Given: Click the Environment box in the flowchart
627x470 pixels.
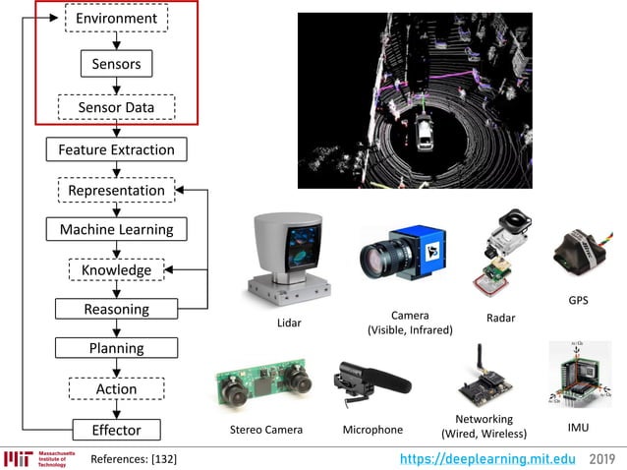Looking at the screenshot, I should click(116, 18).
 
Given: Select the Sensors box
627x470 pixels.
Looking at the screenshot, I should click(116, 64).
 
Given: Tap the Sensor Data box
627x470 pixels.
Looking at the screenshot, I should click(116, 107).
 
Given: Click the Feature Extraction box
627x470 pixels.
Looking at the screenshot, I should click(116, 149).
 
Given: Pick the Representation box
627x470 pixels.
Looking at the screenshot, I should click(116, 190).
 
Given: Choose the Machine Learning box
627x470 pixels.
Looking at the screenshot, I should click(116, 229).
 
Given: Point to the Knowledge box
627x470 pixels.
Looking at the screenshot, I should click(116, 269).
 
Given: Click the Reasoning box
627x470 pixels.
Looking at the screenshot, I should click(116, 309).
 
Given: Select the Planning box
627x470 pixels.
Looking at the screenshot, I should click(116, 348).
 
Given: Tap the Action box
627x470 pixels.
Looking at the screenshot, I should click(116, 388).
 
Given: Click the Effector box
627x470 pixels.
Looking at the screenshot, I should click(116, 430).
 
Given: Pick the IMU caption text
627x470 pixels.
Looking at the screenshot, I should click(578, 428).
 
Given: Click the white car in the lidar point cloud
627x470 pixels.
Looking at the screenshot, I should click(425, 134).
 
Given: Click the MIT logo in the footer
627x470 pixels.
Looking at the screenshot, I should click(19, 459).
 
